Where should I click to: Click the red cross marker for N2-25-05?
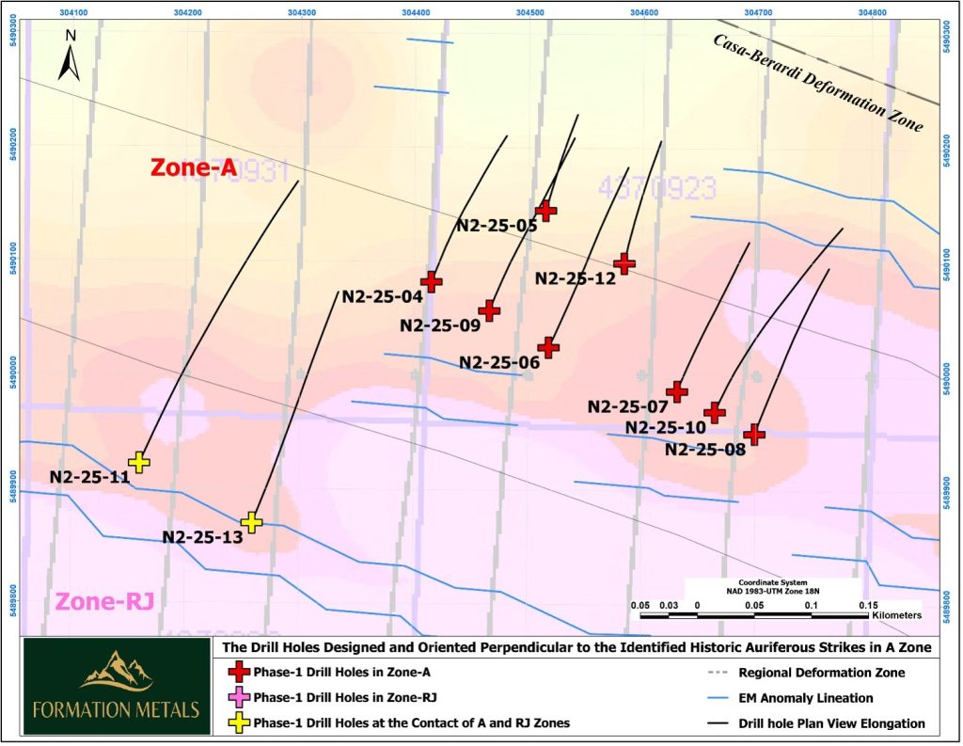545,211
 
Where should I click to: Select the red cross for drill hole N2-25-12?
624,264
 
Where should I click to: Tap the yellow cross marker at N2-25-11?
139,462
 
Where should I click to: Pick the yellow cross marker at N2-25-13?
251,522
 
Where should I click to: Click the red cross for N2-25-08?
753,434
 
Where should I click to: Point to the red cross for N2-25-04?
431,281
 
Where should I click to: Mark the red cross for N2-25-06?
548,348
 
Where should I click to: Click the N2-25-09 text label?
439,325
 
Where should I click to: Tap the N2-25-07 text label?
627,407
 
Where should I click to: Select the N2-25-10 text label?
666,428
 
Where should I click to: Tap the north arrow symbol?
70,56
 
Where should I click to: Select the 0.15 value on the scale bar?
867,606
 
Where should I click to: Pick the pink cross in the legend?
241,697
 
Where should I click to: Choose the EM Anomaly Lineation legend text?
806,698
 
